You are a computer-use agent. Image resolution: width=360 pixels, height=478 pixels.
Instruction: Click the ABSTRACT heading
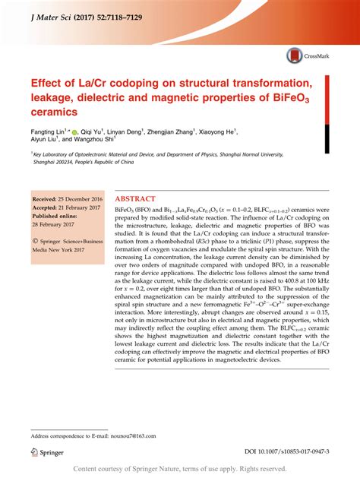point(139,196)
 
